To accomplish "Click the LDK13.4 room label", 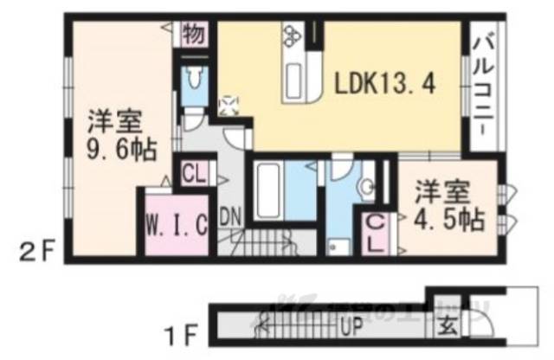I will click(383, 84).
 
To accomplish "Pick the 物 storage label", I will click(193, 35).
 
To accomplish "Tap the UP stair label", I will click(351, 328).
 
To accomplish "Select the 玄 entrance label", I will click(447, 327).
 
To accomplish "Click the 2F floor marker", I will click(39, 253).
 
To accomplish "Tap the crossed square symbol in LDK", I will click(229, 105).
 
